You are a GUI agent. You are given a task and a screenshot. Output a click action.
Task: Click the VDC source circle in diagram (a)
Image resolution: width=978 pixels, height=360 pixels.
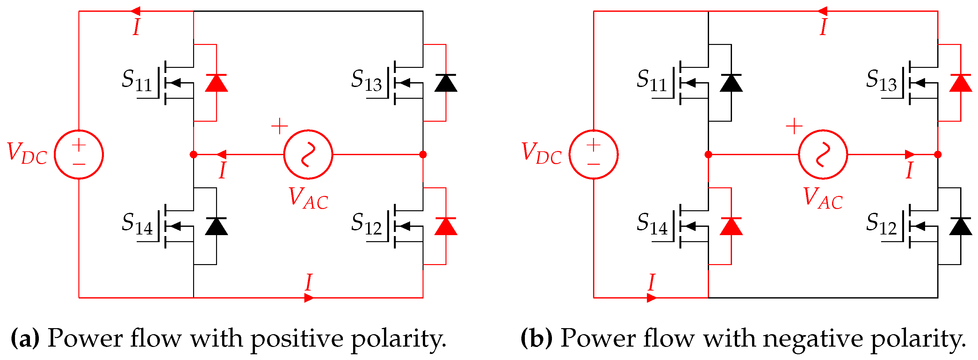(79, 155)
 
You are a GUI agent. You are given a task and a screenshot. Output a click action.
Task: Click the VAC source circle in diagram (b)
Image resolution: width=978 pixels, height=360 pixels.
(823, 155)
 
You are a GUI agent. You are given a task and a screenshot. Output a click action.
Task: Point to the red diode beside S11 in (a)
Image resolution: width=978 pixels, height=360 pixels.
(216, 83)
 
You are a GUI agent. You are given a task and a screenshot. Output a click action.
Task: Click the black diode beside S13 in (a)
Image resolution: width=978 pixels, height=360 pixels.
(446, 83)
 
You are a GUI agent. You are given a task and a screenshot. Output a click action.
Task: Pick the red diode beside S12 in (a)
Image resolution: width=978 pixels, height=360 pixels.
(446, 226)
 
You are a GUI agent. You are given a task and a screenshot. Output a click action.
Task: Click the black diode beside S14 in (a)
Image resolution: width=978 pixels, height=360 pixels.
(216, 226)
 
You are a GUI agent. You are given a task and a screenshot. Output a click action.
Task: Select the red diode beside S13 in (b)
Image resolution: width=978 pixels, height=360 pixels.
(960, 83)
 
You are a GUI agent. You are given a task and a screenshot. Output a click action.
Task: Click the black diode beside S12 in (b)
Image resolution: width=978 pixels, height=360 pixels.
(960, 226)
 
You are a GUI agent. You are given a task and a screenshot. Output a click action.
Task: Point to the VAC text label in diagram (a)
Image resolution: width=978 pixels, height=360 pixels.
(308, 198)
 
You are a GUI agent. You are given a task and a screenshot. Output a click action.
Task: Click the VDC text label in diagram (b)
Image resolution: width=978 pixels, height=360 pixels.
(541, 153)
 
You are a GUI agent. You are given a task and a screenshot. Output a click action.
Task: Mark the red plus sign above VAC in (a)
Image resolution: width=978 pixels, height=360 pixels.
(279, 126)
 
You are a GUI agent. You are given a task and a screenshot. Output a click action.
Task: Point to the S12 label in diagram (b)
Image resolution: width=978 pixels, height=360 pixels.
(881, 224)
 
